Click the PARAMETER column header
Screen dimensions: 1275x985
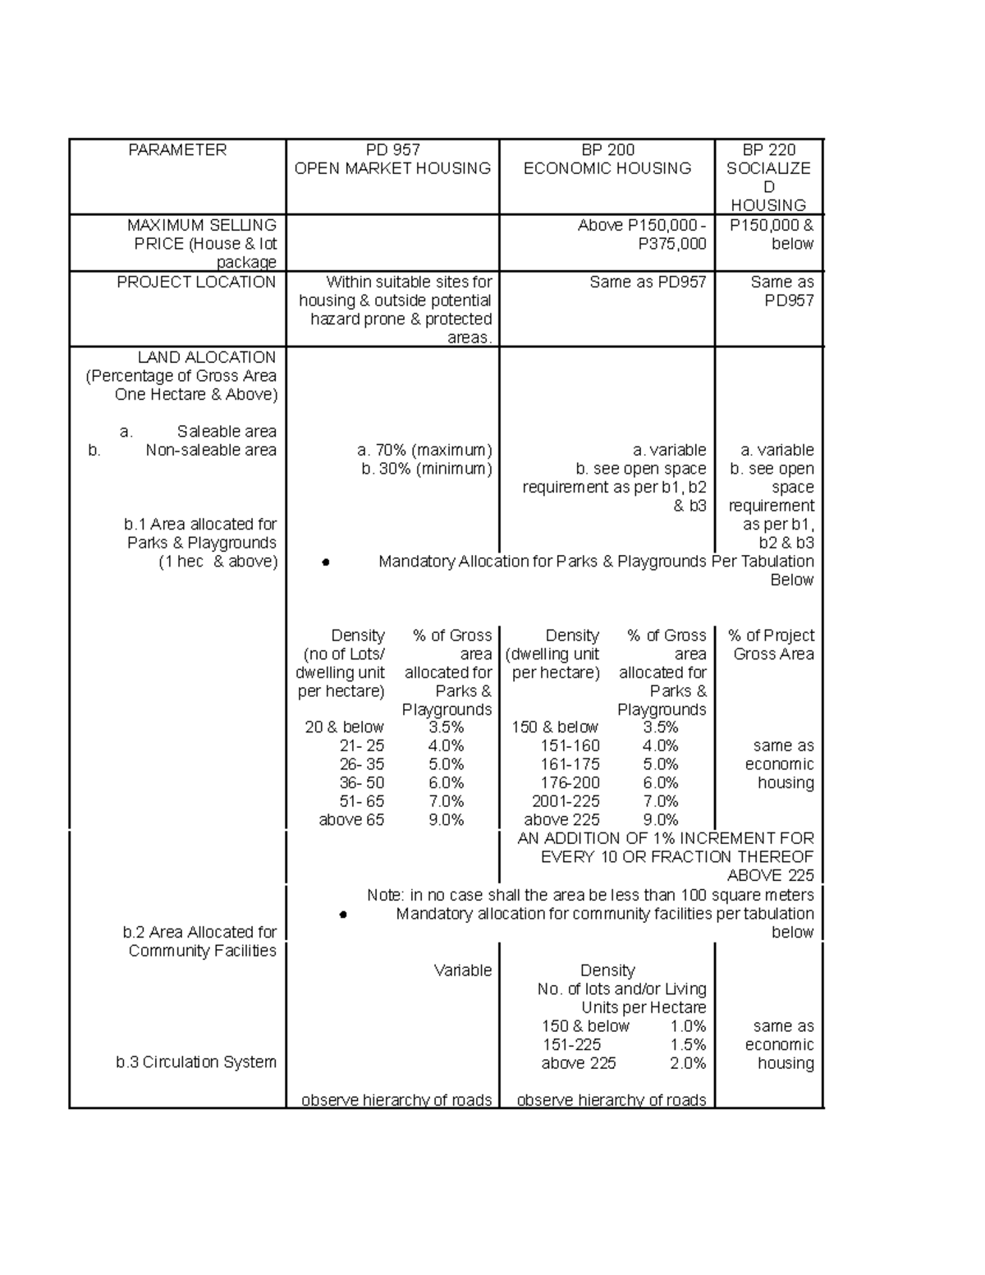176,150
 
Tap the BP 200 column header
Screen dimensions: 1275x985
607,150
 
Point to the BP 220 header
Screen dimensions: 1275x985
768,150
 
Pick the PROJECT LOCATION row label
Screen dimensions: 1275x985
196,282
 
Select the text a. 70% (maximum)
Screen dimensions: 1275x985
424,451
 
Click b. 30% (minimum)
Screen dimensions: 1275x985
426,470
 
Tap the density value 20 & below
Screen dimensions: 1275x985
344,727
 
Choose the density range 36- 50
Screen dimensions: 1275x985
361,783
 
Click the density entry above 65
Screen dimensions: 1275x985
351,820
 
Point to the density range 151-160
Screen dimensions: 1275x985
570,746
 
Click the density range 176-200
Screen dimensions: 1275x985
570,783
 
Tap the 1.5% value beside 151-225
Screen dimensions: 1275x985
688,1045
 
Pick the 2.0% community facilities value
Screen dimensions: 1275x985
688,1064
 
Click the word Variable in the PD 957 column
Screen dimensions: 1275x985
463,970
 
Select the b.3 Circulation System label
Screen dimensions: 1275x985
196,1062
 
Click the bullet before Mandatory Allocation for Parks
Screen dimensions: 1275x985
326,563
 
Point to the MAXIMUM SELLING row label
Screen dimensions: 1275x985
201,225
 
